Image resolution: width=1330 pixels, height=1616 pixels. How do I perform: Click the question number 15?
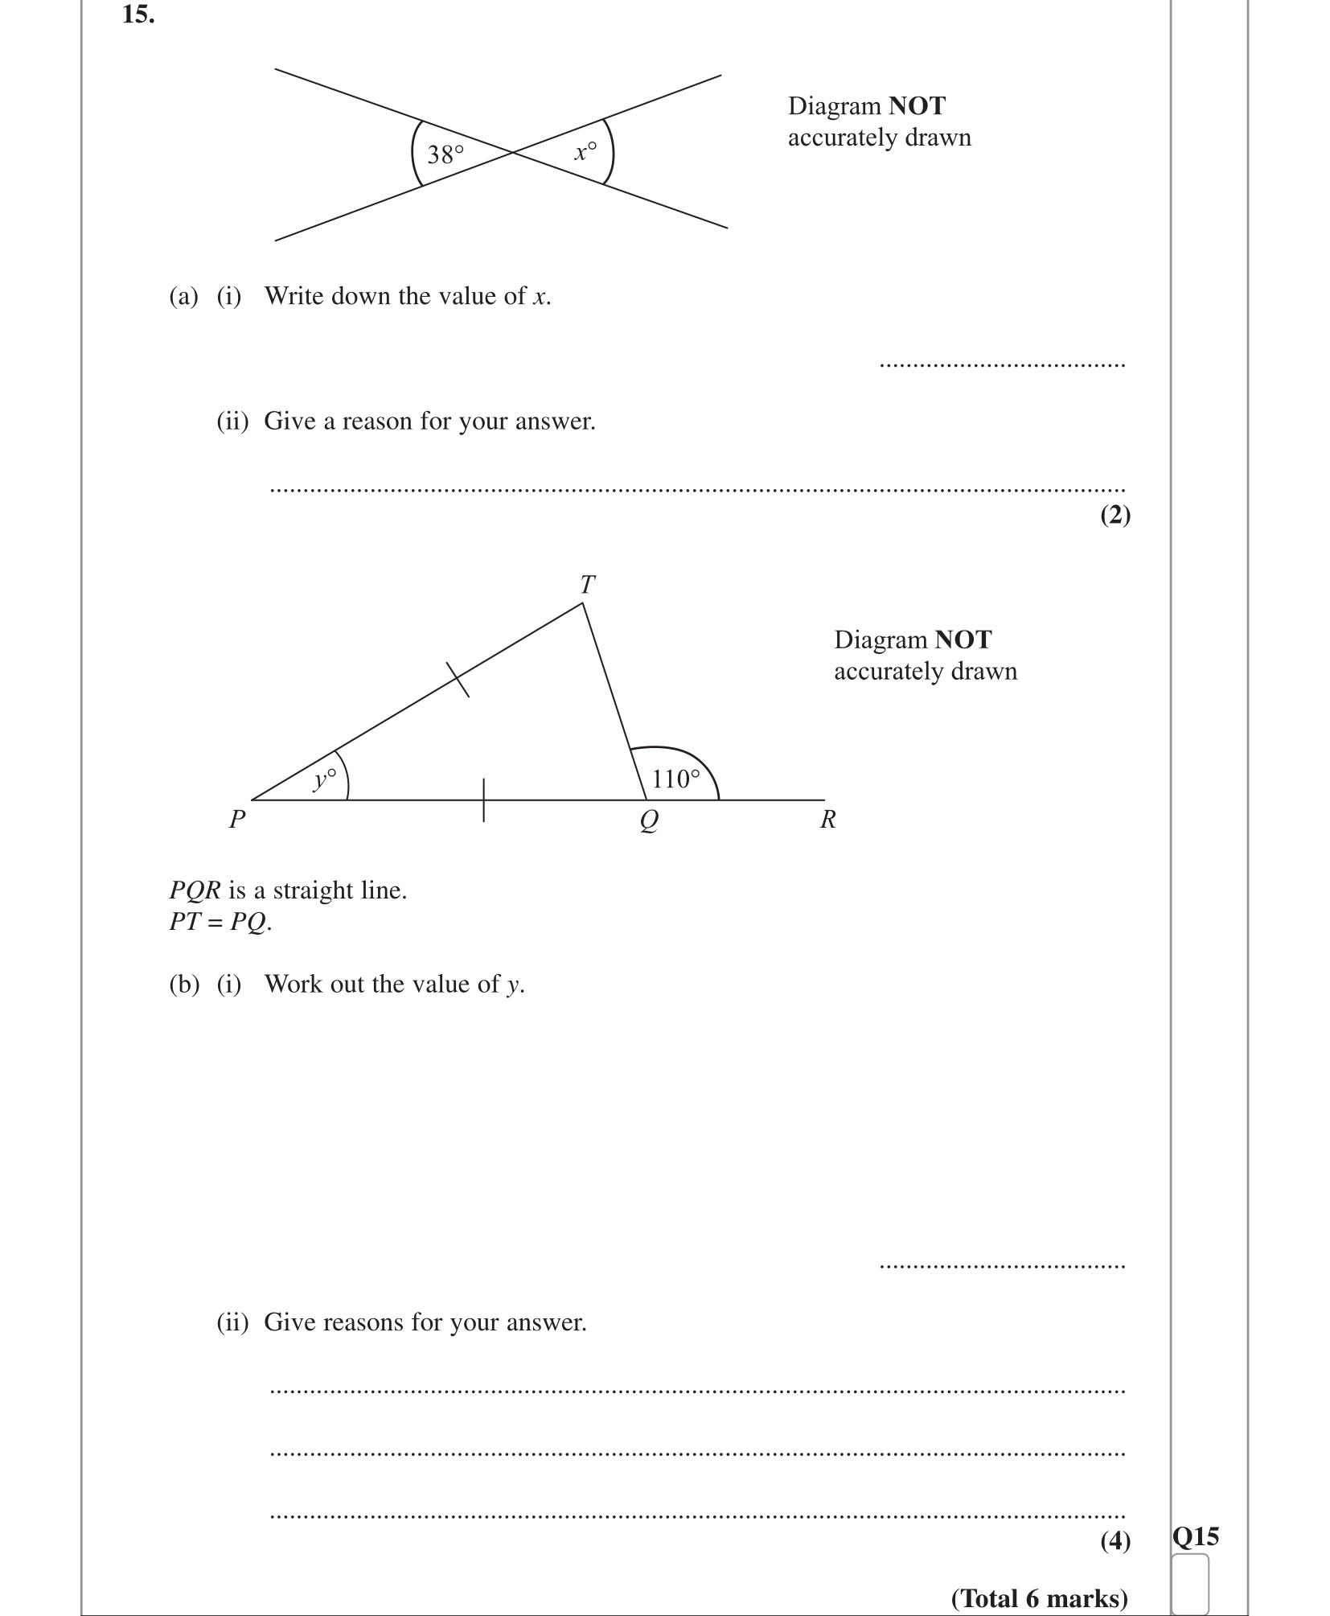[x=138, y=14]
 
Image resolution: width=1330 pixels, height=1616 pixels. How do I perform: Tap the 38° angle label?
[x=445, y=154]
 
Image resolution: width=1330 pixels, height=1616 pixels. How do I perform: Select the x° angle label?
[x=585, y=151]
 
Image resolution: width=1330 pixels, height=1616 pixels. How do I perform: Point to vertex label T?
[x=588, y=585]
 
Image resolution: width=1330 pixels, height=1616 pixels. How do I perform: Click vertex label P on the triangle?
[x=236, y=820]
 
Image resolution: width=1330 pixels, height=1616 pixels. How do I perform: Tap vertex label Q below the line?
[x=648, y=821]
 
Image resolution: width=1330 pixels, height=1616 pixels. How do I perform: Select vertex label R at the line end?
[x=827, y=820]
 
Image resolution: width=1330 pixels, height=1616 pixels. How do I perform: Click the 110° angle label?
[x=675, y=779]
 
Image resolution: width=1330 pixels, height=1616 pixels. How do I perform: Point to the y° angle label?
[x=324, y=778]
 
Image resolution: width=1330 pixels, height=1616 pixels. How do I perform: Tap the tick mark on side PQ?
[x=483, y=800]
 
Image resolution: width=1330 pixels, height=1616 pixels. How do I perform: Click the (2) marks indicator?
[x=1114, y=515]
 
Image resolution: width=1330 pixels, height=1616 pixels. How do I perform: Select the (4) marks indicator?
[x=1114, y=1541]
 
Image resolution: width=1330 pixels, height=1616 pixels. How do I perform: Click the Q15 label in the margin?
[x=1195, y=1537]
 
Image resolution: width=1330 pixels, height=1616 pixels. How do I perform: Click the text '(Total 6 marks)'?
[x=1039, y=1598]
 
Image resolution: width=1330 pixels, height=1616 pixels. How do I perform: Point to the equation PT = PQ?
[x=220, y=922]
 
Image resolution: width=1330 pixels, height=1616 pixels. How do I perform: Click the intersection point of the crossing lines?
[x=512, y=151]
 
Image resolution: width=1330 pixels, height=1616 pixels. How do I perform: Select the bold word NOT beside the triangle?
[x=963, y=639]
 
